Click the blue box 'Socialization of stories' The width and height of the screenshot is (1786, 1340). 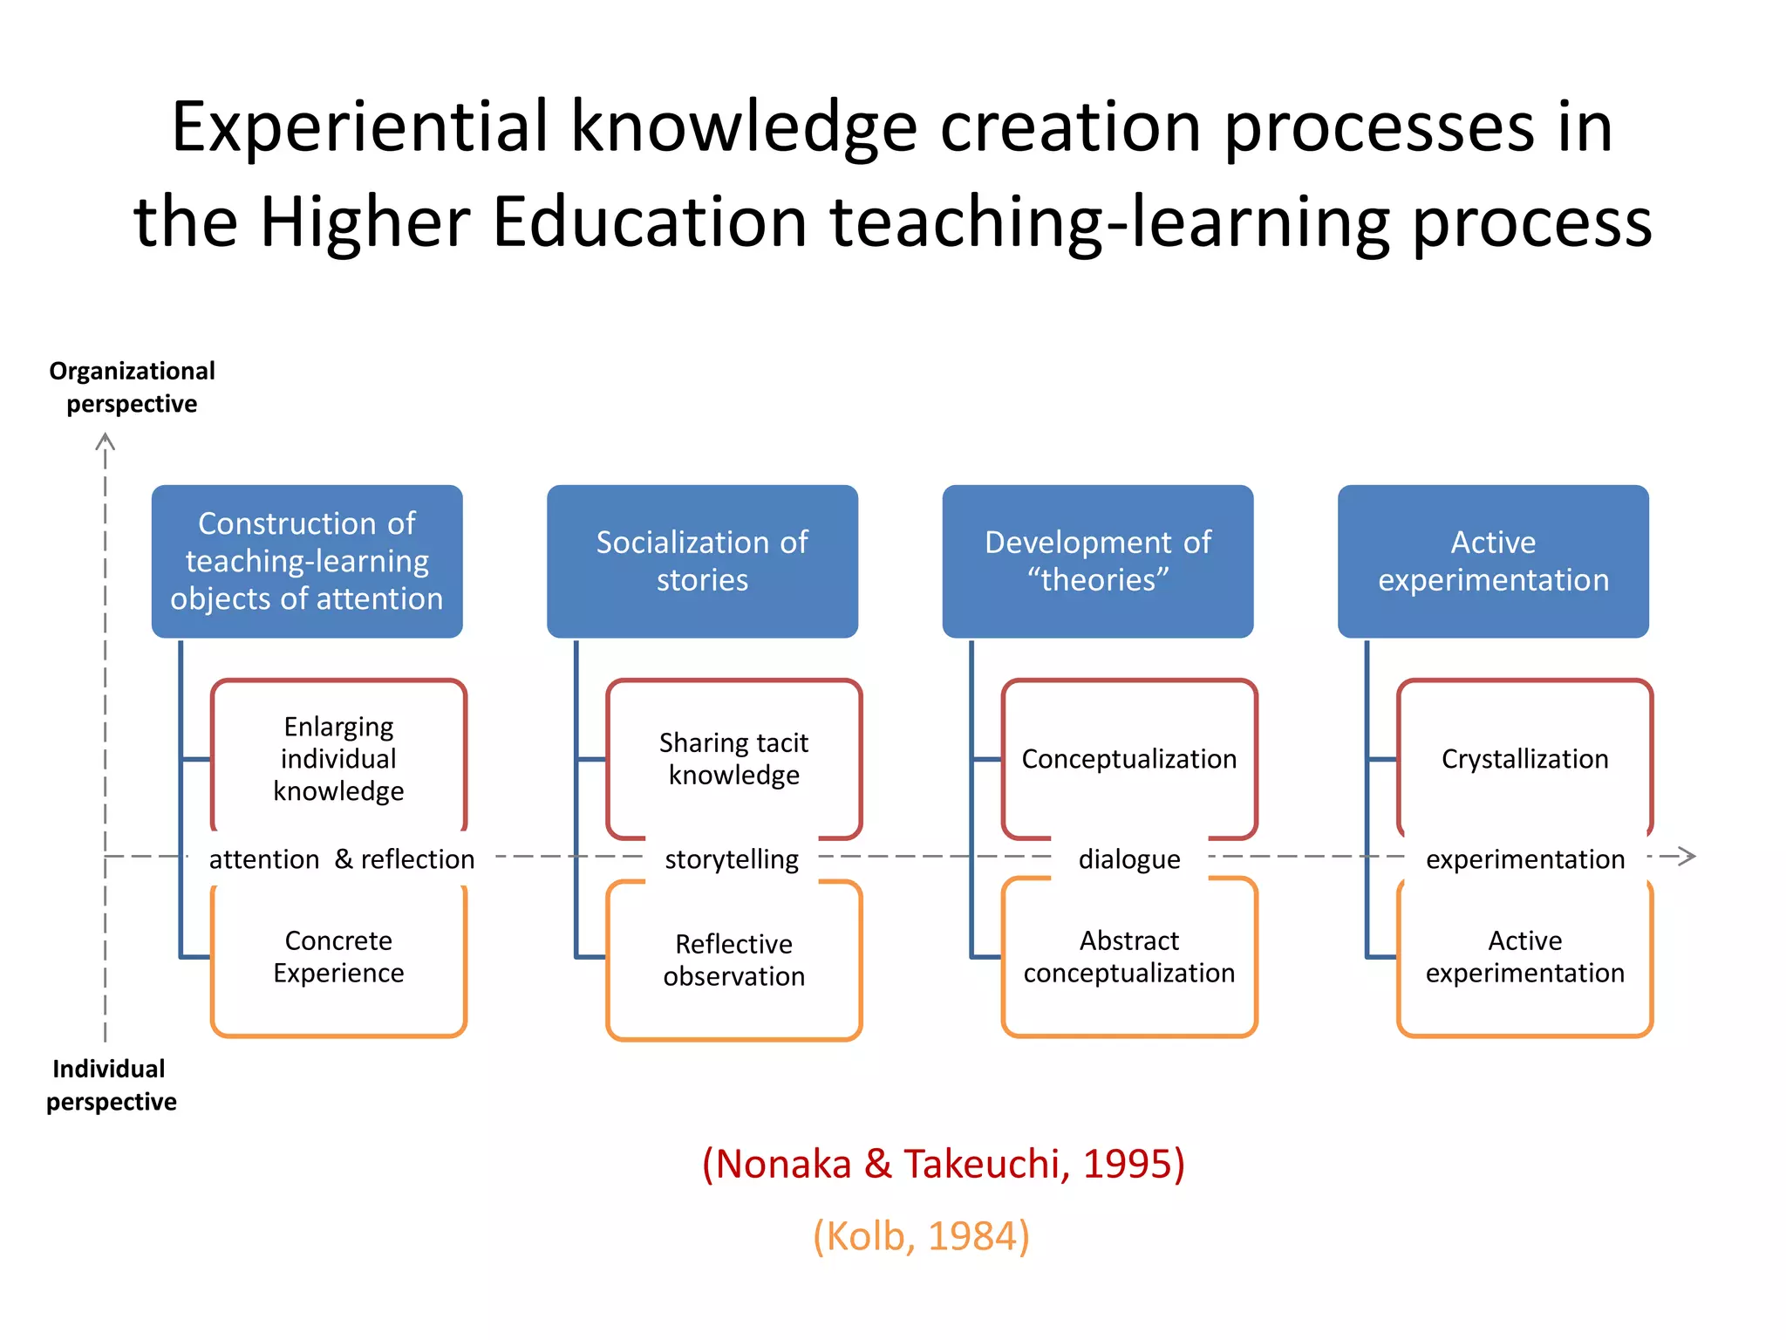point(702,561)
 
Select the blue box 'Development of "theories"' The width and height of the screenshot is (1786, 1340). point(1097,561)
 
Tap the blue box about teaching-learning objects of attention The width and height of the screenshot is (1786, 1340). point(307,561)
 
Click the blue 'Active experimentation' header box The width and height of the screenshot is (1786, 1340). point(1493,561)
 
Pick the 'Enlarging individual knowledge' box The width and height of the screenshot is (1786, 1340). point(338,758)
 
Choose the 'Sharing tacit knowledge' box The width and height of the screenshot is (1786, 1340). point(733,758)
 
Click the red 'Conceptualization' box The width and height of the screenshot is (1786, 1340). point(1128,758)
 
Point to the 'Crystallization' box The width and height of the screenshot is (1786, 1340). point(1524,758)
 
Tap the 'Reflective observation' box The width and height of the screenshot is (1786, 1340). point(733,960)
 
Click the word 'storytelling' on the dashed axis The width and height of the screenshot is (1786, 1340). point(732,859)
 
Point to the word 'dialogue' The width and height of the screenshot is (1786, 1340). point(1129,859)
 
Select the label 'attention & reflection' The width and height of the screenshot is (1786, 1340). point(342,859)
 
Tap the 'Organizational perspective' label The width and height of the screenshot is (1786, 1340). point(132,387)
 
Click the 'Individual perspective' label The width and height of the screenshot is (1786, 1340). point(111,1085)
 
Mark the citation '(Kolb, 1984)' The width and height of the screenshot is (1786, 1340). point(921,1236)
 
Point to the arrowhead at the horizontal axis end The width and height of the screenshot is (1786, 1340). point(1687,856)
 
